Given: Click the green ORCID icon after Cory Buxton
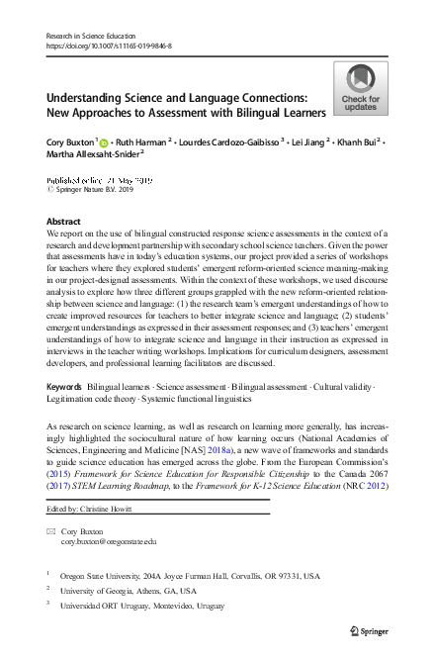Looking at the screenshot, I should (x=103, y=142).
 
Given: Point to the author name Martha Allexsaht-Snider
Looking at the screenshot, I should (x=92, y=155).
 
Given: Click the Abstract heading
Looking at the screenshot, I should (x=63, y=222).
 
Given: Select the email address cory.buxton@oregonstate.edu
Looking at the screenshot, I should (x=109, y=542).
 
